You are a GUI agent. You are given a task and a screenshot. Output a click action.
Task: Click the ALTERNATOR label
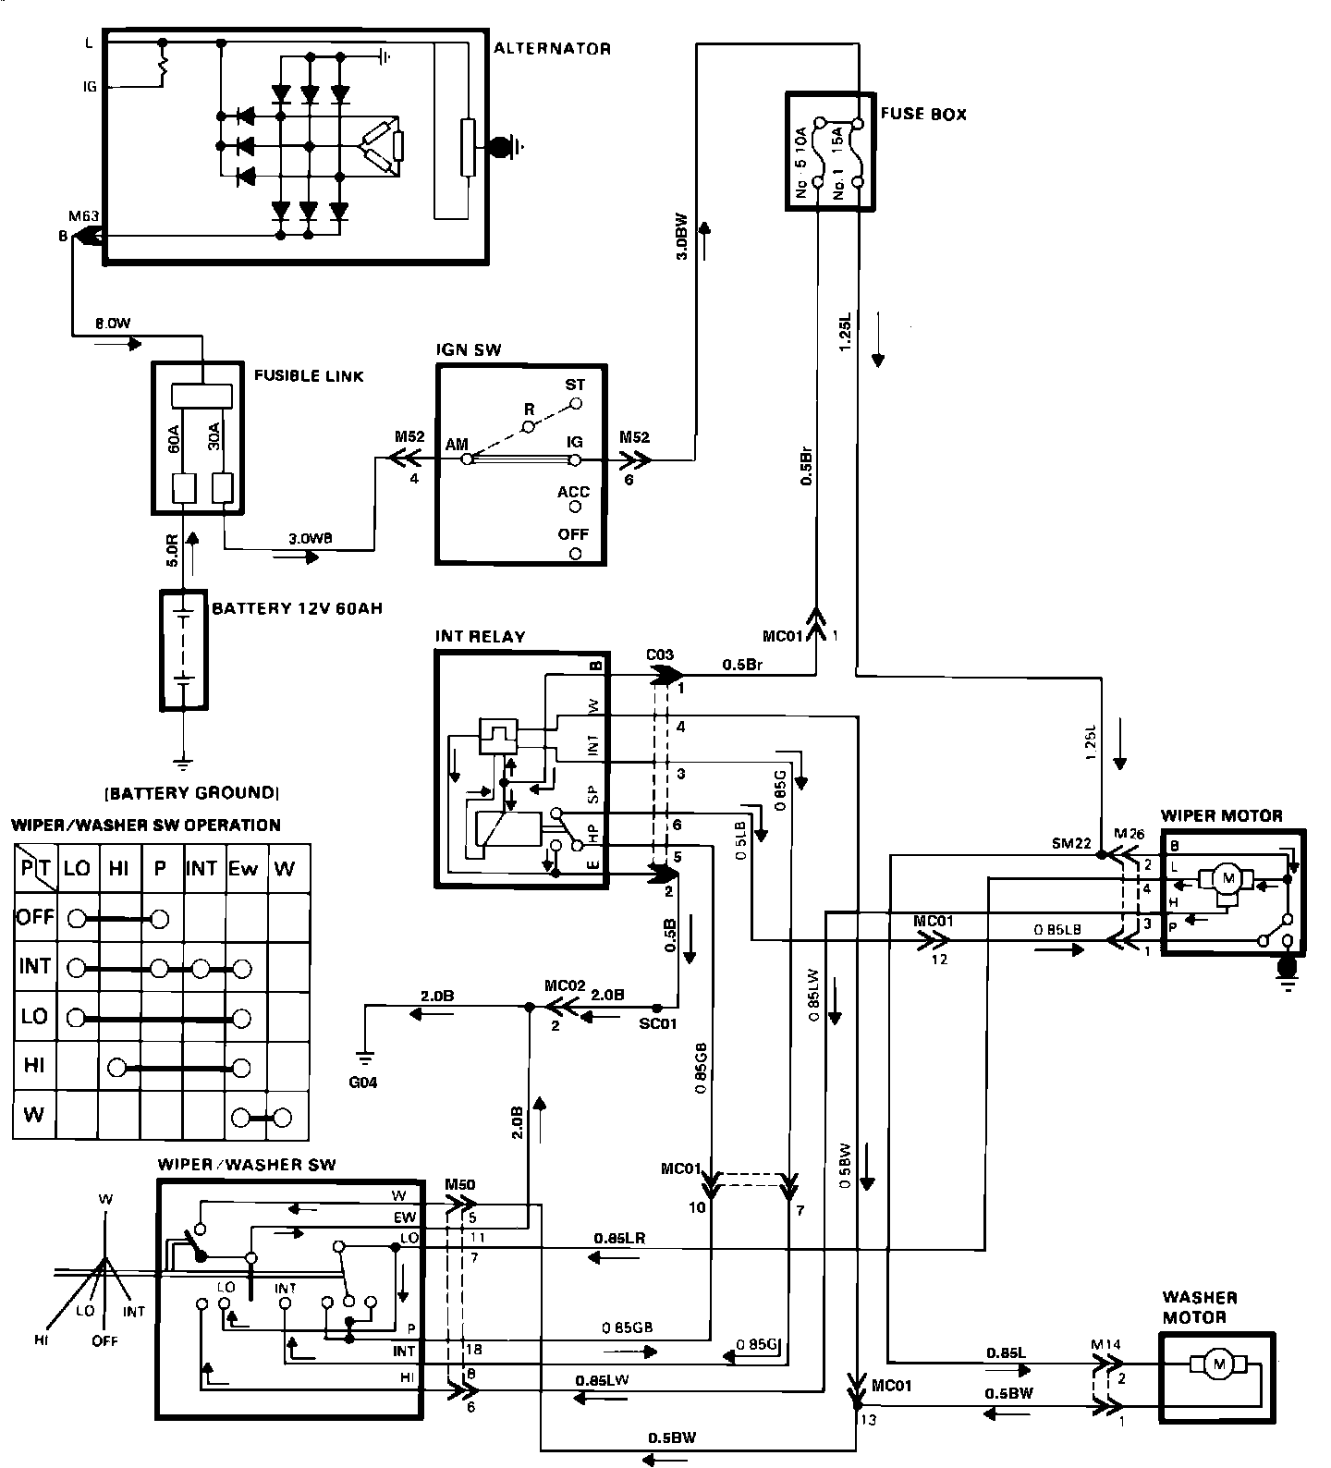pyautogui.click(x=552, y=48)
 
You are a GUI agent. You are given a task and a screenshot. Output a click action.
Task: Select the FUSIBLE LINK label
pyautogui.click(x=309, y=376)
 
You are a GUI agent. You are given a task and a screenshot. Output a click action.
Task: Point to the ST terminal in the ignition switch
pyautogui.click(x=575, y=404)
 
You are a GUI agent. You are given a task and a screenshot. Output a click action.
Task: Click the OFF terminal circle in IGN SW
pyautogui.click(x=575, y=554)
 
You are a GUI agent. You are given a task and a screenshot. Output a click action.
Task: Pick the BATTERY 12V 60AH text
pyautogui.click(x=297, y=609)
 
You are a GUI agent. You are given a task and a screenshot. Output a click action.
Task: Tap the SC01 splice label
pyautogui.click(x=658, y=1024)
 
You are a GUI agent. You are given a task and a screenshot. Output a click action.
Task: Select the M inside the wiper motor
pyautogui.click(x=1228, y=877)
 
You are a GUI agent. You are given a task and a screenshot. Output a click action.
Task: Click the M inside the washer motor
pyautogui.click(x=1217, y=1362)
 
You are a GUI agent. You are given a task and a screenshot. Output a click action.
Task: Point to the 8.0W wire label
pyautogui.click(x=114, y=324)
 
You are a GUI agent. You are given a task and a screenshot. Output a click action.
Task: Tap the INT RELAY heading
pyautogui.click(x=480, y=637)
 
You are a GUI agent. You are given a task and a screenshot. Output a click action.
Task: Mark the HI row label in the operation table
pyautogui.click(x=34, y=1065)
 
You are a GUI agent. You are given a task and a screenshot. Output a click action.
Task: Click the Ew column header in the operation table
pyautogui.click(x=245, y=868)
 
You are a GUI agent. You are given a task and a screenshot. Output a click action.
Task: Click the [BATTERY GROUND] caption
pyautogui.click(x=191, y=792)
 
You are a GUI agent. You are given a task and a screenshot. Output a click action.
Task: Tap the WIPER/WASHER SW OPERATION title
pyautogui.click(x=146, y=826)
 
